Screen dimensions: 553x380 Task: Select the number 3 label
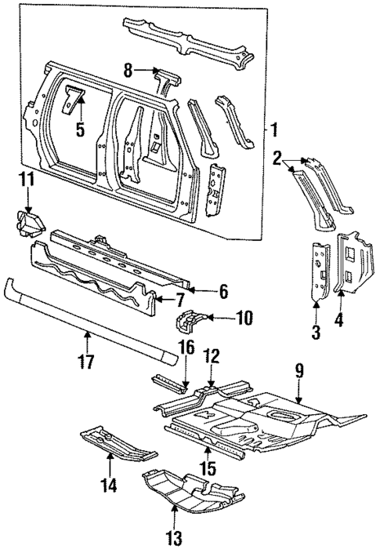[x=315, y=332]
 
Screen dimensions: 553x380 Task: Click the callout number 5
[x=80, y=129]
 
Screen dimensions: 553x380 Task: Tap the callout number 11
[x=27, y=180]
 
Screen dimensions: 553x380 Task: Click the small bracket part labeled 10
[x=189, y=321]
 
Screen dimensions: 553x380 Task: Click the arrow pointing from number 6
[x=201, y=292]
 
